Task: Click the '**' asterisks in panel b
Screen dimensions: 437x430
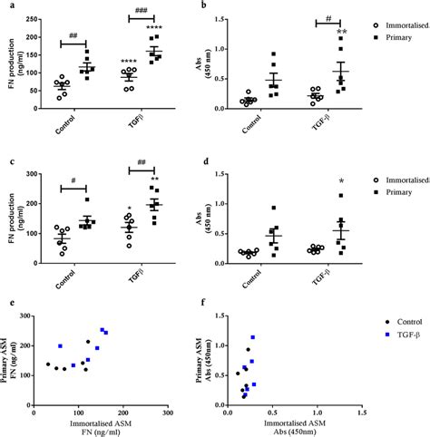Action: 342,33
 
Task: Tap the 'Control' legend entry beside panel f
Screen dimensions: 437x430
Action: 406,320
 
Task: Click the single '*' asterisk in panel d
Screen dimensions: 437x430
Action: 341,181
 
